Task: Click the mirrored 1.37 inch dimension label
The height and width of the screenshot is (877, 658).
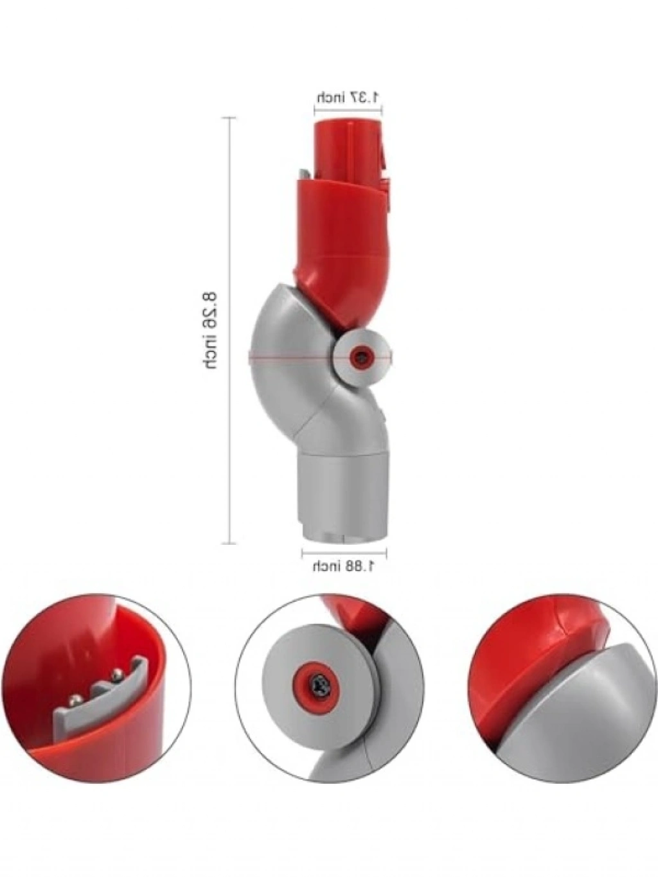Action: point(348,98)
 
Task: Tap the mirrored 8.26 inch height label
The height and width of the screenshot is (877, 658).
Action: point(209,332)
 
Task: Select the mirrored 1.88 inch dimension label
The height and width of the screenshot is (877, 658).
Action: point(343,567)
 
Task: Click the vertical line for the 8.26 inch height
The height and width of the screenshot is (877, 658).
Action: point(229,330)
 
